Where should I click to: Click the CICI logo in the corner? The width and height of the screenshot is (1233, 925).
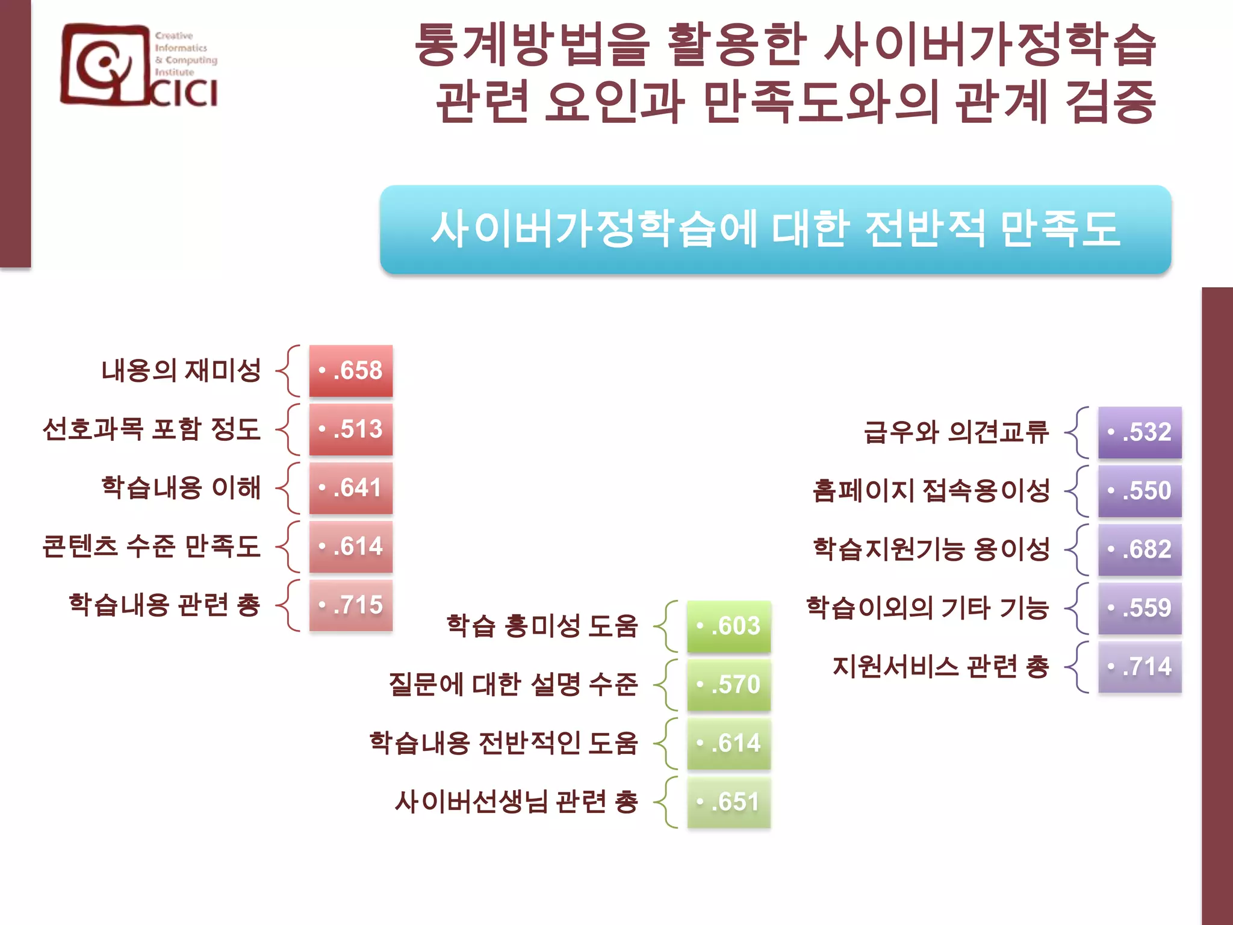(x=138, y=66)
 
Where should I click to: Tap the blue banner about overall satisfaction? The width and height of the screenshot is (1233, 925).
(x=775, y=229)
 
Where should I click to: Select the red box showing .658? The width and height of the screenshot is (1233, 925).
(x=351, y=370)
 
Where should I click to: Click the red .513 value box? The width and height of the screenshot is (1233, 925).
(x=351, y=429)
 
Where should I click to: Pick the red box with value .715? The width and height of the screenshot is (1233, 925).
(x=351, y=605)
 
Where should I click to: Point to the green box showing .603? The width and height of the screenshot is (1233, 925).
(x=729, y=626)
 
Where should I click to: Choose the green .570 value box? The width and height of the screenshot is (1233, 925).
(x=729, y=685)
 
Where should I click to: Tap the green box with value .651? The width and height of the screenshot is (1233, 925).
(x=729, y=802)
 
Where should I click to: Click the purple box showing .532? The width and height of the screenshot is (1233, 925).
(x=1140, y=432)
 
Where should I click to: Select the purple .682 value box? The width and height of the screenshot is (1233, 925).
(x=1140, y=549)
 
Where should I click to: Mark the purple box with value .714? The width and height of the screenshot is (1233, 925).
(x=1140, y=667)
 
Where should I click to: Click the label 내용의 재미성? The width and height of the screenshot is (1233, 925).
(x=181, y=370)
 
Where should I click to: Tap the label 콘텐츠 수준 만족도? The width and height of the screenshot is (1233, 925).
(x=152, y=546)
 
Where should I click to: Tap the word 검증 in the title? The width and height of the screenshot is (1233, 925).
(x=1110, y=102)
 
